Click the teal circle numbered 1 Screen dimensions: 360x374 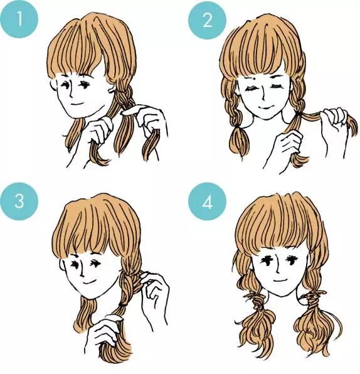pyautogui.click(x=19, y=19)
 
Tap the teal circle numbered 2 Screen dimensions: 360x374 pyautogui.click(x=207, y=20)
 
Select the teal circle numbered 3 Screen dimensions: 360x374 pyautogui.click(x=19, y=201)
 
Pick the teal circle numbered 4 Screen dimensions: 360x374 pyautogui.click(x=207, y=201)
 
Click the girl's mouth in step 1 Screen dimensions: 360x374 pyautogui.click(x=78, y=104)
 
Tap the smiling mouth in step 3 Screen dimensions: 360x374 pyautogui.click(x=88, y=282)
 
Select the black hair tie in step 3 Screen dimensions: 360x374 pyautogui.click(x=123, y=305)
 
